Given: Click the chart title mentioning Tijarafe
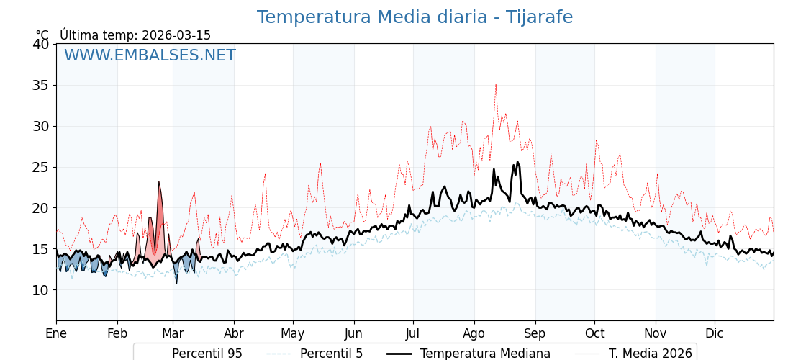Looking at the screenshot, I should point(415,17).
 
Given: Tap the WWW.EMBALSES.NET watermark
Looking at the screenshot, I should point(150,55).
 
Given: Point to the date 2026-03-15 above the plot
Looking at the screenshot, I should point(176,35).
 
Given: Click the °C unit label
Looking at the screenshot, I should point(42,35).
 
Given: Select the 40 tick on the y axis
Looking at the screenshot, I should point(40,44).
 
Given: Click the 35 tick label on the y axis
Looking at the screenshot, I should point(40,85).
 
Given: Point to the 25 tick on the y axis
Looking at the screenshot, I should point(40,167).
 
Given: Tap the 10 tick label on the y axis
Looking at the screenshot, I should point(40,290).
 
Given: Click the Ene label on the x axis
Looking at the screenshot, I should point(56,333).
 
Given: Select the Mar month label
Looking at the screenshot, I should point(173,333).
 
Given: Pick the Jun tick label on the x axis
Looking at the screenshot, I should point(353,333).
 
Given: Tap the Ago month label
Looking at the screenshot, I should point(474,333).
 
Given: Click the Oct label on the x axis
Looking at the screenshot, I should point(594,333).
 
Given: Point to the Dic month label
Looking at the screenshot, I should point(715,333).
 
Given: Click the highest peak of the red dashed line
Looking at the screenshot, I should point(495,85).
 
